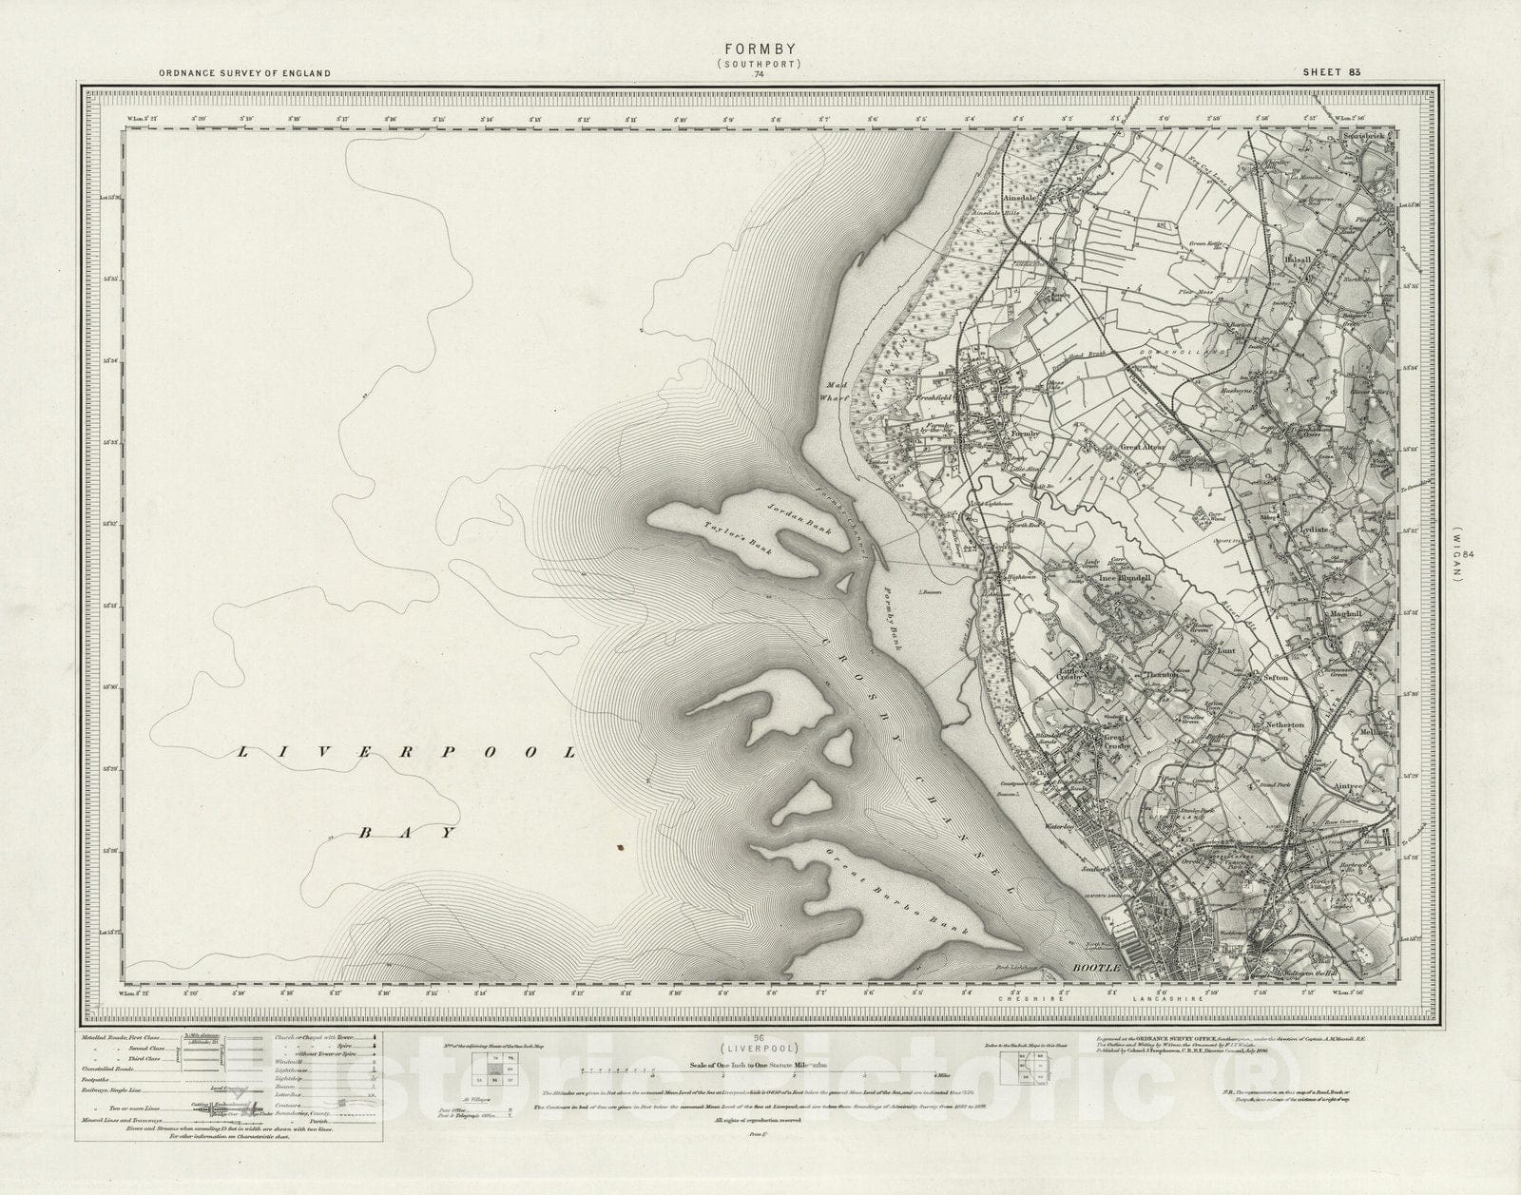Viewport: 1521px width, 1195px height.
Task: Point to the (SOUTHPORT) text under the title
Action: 759,65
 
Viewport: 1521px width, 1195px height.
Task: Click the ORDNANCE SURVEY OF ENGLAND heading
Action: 245,73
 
